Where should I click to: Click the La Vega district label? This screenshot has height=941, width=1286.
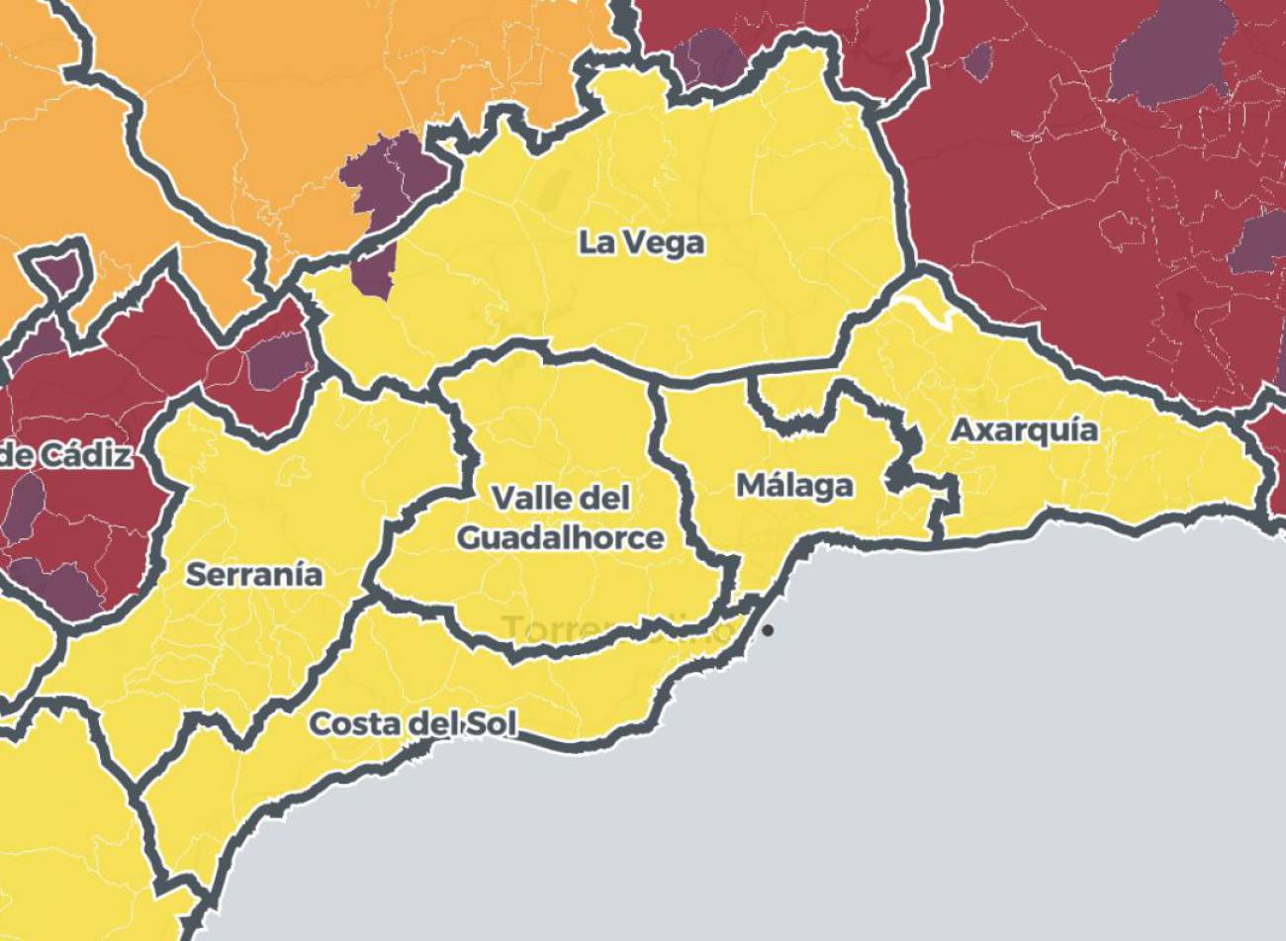tap(641, 243)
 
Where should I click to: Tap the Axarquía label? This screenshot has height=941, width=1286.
tap(1024, 430)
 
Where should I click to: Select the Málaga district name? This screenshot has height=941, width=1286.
tap(794, 486)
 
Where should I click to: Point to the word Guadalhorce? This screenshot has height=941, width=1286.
tap(561, 538)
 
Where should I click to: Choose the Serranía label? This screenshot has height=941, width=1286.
tap(254, 574)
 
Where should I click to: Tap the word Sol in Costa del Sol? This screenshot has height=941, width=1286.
tap(492, 724)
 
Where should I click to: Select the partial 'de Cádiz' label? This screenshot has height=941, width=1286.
tap(65, 456)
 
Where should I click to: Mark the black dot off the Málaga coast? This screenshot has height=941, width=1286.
tap(768, 630)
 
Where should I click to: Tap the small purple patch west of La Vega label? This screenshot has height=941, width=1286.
tap(374, 270)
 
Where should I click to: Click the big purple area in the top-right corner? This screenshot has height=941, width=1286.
tap(1167, 59)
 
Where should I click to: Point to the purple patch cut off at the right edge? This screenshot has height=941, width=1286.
tap(1261, 242)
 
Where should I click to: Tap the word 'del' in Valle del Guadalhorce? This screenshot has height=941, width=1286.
tap(604, 497)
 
